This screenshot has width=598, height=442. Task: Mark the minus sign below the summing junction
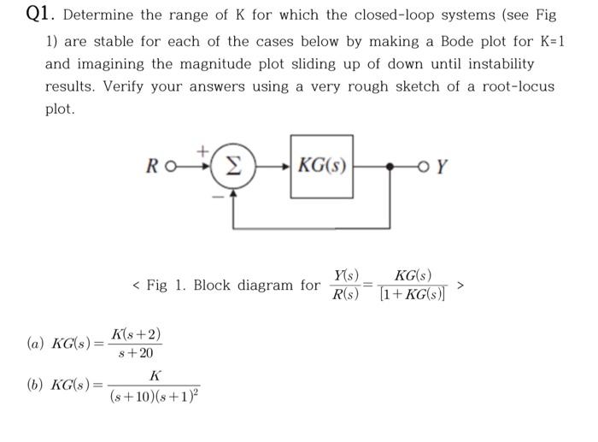tap(217, 196)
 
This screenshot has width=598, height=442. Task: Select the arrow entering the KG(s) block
tap(282, 165)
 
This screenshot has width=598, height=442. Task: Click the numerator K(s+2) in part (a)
tap(134, 333)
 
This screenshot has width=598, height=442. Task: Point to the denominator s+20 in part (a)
tap(134, 353)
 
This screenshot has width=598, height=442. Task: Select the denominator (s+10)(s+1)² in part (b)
tap(154, 396)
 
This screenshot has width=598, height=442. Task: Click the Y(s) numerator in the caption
tap(346, 275)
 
